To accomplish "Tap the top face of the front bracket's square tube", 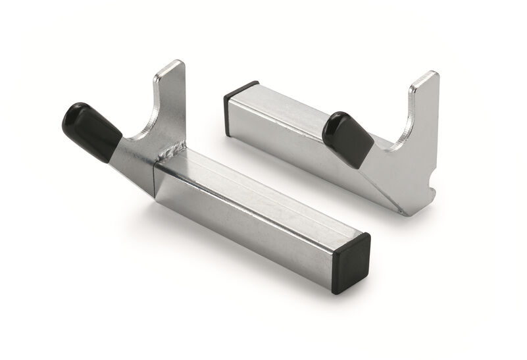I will tap(263, 191).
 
